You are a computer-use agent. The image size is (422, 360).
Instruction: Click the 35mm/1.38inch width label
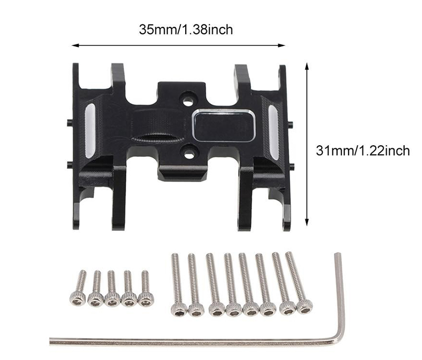click(186, 30)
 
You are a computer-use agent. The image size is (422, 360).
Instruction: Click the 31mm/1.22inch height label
click(362, 150)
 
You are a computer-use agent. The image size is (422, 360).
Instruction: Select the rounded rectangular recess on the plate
click(224, 125)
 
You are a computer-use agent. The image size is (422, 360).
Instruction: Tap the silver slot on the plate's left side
click(90, 131)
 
